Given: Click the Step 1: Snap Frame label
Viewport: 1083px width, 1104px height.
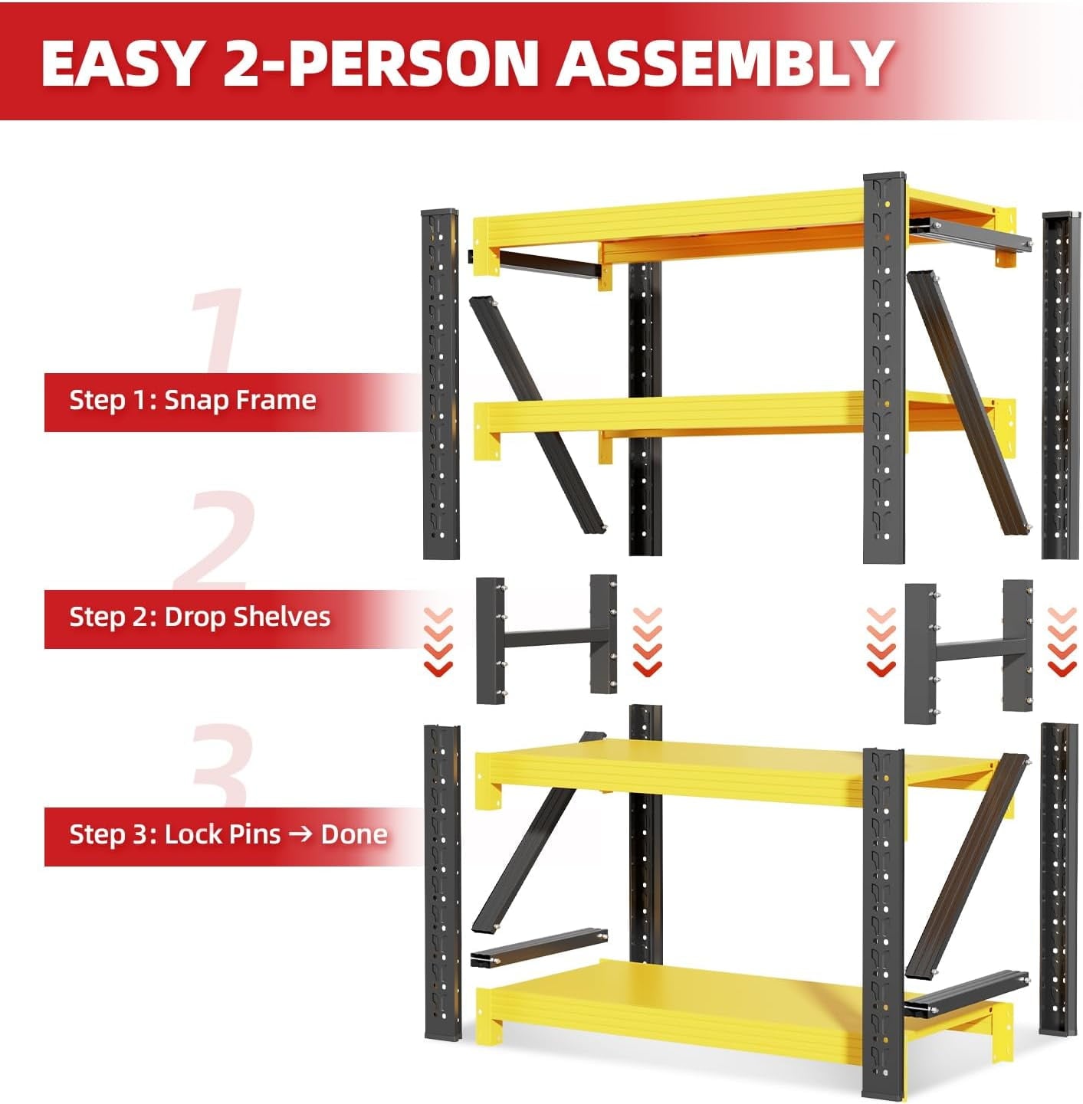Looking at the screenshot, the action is click(x=192, y=400).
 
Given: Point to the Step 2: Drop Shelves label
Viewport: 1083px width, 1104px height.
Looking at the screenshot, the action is click(x=199, y=617).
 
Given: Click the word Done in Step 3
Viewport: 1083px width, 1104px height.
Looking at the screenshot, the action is click(x=354, y=834).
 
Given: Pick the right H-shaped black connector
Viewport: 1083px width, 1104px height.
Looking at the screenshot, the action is click(x=969, y=652).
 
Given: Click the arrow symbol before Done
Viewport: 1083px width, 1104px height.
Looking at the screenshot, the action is click(x=300, y=834).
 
